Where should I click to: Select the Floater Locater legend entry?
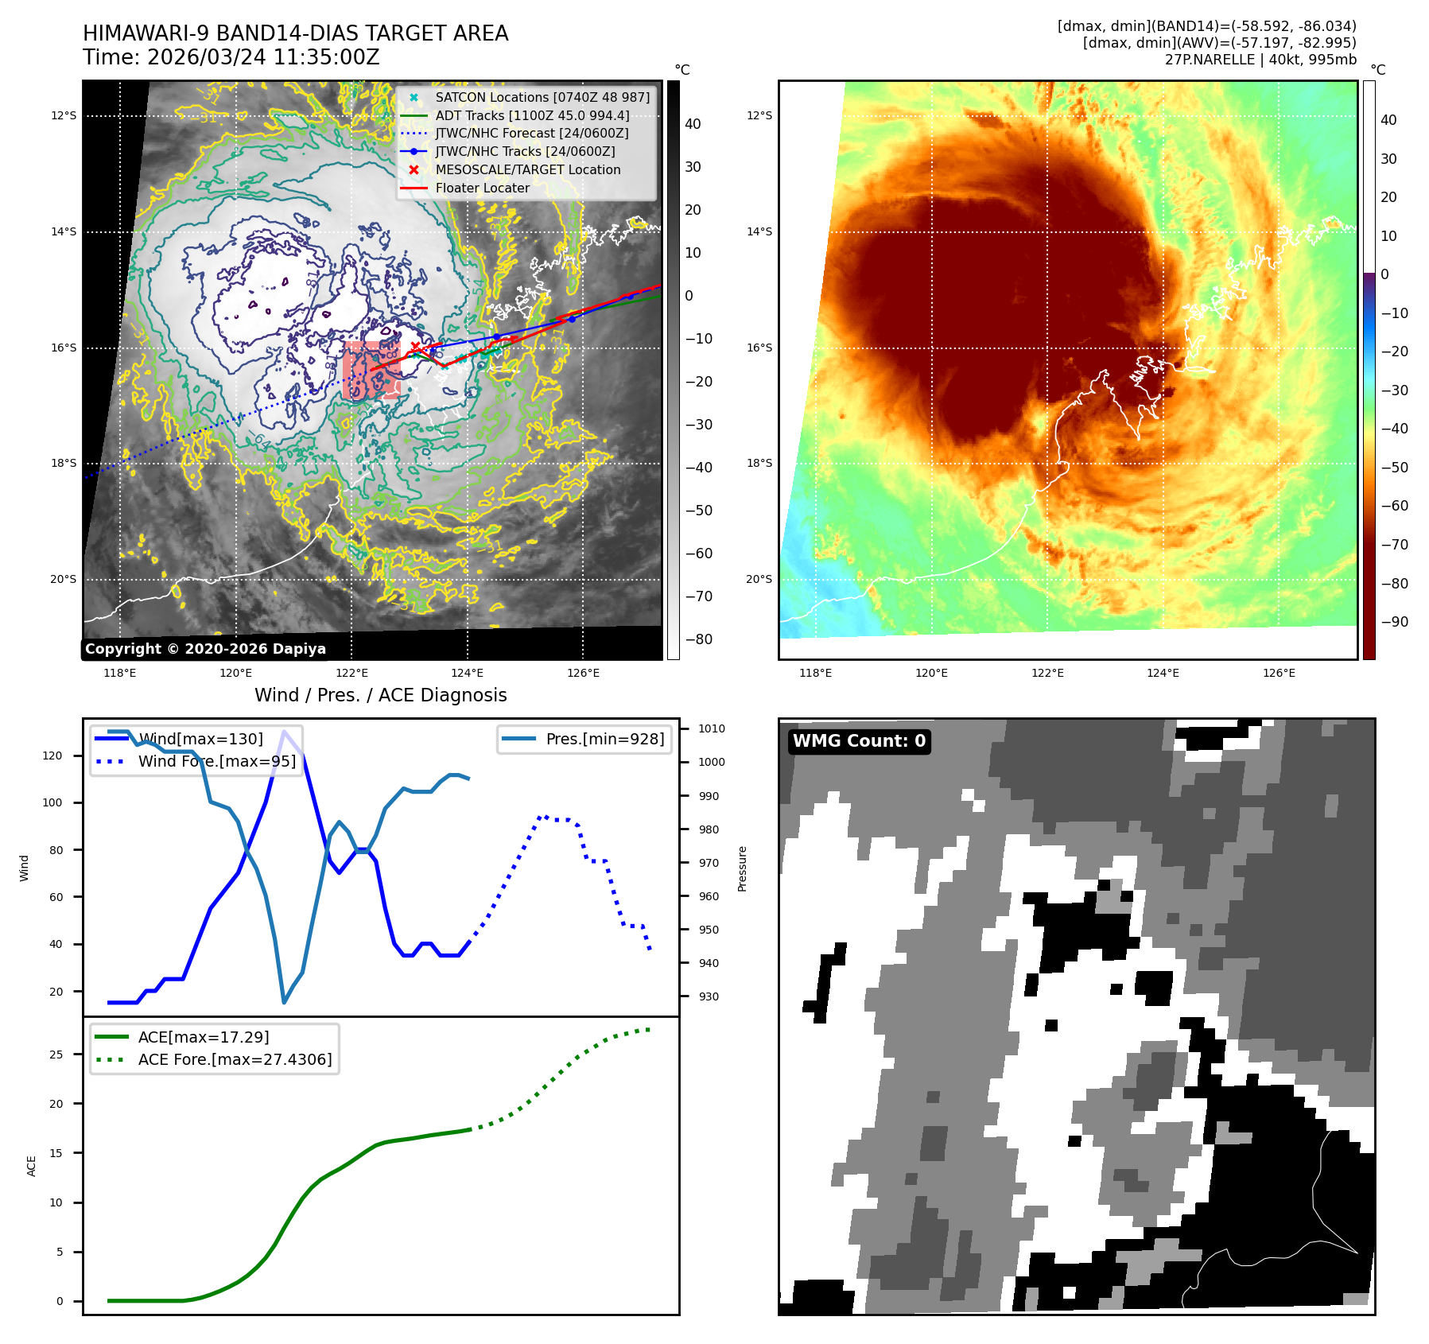[x=482, y=188]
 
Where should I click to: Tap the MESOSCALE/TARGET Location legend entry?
[x=527, y=170]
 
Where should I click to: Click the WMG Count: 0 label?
[x=859, y=741]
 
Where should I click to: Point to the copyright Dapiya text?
[x=205, y=649]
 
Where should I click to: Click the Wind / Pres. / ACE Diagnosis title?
[x=380, y=696]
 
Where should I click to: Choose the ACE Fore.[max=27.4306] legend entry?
[x=235, y=1059]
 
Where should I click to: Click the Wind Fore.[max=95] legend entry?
[x=216, y=762]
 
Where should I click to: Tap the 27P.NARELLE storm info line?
[x=1260, y=60]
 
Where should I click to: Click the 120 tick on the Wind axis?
[x=52, y=756]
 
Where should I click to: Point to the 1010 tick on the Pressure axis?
[x=712, y=729]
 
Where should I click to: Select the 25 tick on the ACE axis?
[x=56, y=1055]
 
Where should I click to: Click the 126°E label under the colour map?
[x=1279, y=674]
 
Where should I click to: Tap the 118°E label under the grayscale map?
[x=120, y=674]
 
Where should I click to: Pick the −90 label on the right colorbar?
[x=1394, y=622]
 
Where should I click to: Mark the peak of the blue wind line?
[x=284, y=731]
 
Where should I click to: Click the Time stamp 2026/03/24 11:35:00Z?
[x=231, y=58]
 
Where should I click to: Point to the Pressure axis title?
[x=742, y=868]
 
